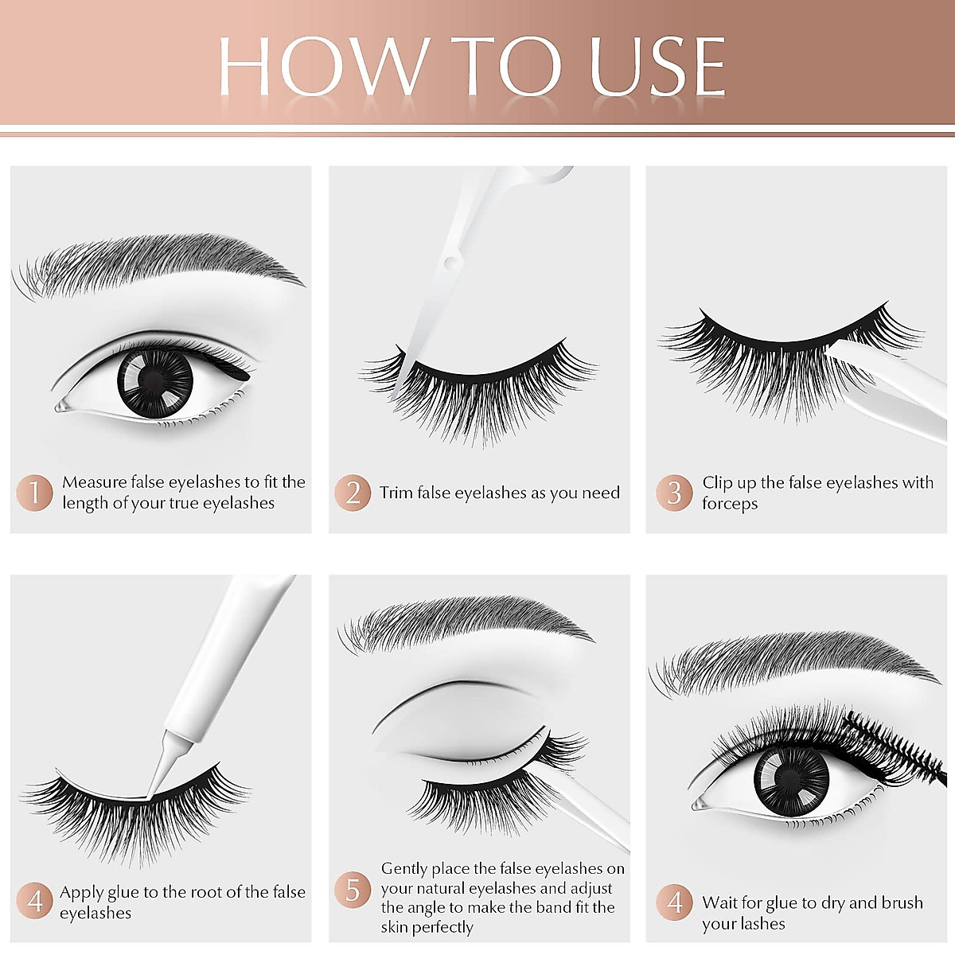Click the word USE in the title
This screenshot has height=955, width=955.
pyautogui.click(x=657, y=67)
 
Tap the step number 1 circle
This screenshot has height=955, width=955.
pyautogui.click(x=34, y=493)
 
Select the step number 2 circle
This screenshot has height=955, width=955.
pyautogui.click(x=353, y=493)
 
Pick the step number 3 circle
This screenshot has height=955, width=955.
pyautogui.click(x=674, y=493)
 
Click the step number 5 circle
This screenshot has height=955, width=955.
pyautogui.click(x=353, y=889)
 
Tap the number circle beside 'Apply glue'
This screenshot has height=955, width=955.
pyautogui.click(x=34, y=901)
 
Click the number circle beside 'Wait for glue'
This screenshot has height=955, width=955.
pyautogui.click(x=674, y=902)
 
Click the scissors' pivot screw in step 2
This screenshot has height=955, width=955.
pyautogui.click(x=450, y=261)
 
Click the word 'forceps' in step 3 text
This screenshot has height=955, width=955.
pyautogui.click(x=730, y=504)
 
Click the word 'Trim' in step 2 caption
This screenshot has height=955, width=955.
pyautogui.click(x=396, y=493)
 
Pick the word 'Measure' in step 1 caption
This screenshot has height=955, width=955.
pyautogui.click(x=95, y=481)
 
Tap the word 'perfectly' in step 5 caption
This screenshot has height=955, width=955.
pyautogui.click(x=442, y=927)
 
